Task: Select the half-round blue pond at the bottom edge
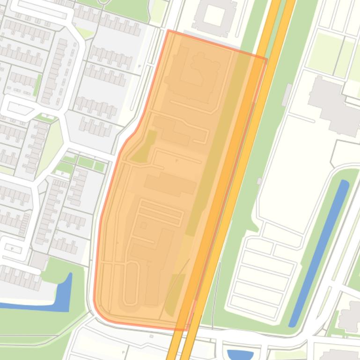click(240, 355)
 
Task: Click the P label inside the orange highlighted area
click(176, 161)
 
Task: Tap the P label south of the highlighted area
click(124, 352)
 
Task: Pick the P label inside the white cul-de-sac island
click(12, 249)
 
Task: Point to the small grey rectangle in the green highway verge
click(287, 95)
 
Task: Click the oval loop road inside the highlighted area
click(131, 283)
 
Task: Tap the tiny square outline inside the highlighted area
click(144, 226)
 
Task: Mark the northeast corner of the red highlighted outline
click(266, 59)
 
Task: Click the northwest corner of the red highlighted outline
click(168, 30)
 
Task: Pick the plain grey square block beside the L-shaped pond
click(38, 260)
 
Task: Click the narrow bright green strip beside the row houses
click(37, 85)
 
